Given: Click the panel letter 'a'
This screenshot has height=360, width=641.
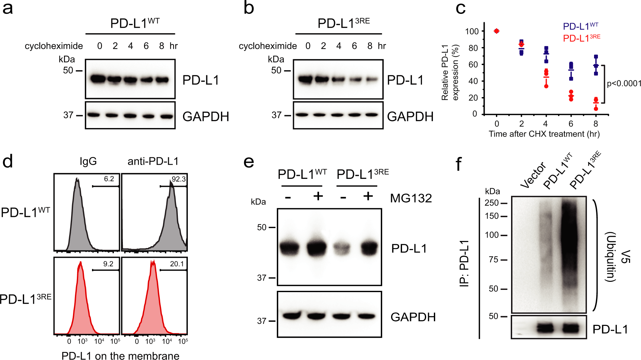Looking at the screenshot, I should pyautogui.click(x=8, y=8).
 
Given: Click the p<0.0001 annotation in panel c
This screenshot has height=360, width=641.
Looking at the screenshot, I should pyautogui.click(x=624, y=84).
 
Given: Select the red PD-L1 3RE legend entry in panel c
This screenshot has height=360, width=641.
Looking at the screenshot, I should pyautogui.click(x=581, y=39).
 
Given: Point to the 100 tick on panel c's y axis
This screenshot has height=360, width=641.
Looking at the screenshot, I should pyautogui.click(x=472, y=32).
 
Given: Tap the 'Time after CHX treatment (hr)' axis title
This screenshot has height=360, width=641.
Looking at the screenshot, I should pyautogui.click(x=544, y=134).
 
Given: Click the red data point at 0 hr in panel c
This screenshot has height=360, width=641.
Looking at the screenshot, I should pyautogui.click(x=497, y=31).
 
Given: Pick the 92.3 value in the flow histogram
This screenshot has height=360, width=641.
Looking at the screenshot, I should pyautogui.click(x=179, y=179).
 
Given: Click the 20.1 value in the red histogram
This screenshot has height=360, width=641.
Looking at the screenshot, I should pyautogui.click(x=177, y=264).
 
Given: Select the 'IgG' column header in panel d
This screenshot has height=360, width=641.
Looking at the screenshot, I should pyautogui.click(x=88, y=161).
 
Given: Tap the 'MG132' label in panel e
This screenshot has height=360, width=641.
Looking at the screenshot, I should pyautogui.click(x=411, y=198).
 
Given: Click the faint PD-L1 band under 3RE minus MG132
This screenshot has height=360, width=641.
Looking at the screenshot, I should pyautogui.click(x=342, y=248).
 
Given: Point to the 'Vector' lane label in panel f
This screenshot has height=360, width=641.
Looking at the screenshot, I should pyautogui.click(x=533, y=175).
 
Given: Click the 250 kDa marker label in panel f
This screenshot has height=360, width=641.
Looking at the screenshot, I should pyautogui.click(x=491, y=203).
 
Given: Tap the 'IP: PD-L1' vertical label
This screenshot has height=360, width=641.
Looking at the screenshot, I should pyautogui.click(x=464, y=263).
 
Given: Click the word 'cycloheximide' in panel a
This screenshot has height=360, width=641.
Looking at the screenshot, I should pyautogui.click(x=54, y=46).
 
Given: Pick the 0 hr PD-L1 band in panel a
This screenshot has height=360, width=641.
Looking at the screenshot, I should pyautogui.click(x=98, y=79).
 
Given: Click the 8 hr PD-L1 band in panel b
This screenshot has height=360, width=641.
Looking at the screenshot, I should pyautogui.click(x=371, y=79).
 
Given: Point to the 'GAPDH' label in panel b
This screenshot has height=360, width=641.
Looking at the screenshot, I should pyautogui.click(x=410, y=116).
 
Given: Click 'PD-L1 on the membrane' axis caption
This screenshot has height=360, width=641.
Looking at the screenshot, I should pyautogui.click(x=120, y=355).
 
